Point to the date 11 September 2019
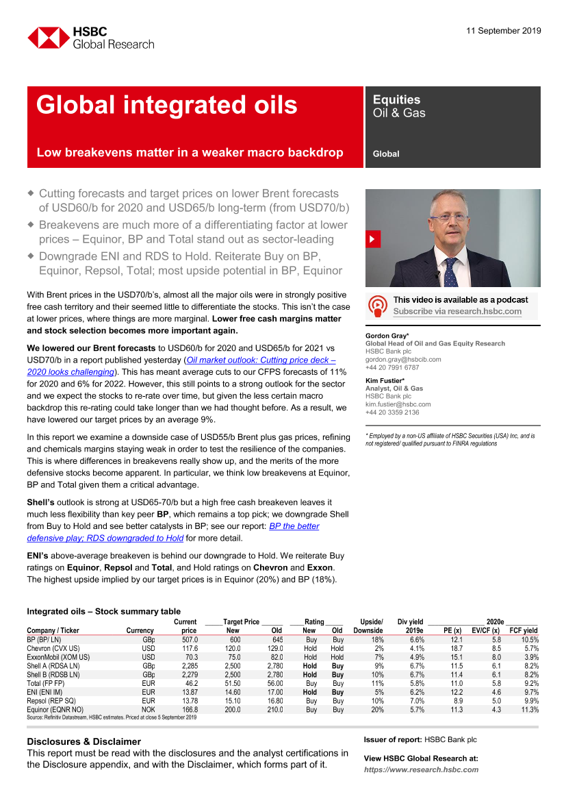(503, 31)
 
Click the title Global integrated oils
(166, 105)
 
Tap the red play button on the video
(373, 239)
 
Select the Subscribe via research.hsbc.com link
(456, 311)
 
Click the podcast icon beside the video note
(377, 305)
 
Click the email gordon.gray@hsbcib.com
(402, 359)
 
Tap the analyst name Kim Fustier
(384, 380)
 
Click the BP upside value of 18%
(375, 639)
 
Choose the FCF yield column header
(523, 630)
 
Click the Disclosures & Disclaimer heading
(83, 741)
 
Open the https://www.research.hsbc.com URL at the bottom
(421, 769)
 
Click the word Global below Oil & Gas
(386, 154)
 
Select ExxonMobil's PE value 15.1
(456, 657)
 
